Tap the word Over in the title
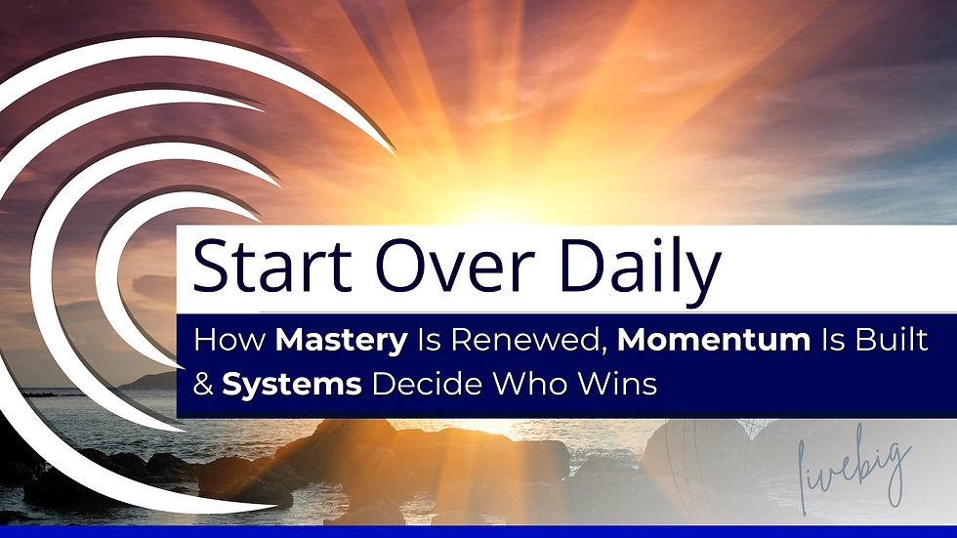(x=438, y=268)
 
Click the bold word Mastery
(x=341, y=341)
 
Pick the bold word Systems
(x=292, y=385)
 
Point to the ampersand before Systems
(x=204, y=385)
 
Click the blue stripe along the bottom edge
(x=478, y=533)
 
